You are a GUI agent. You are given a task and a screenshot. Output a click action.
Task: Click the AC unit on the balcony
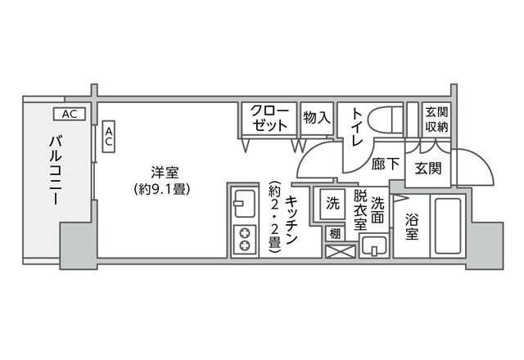coord(70,115)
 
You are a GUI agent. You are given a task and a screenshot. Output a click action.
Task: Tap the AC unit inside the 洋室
coord(109,137)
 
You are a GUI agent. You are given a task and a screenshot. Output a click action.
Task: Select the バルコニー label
coord(56,169)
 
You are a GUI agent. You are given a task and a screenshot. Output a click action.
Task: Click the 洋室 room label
coord(165,173)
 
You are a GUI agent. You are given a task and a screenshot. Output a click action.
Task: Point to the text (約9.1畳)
coord(162,189)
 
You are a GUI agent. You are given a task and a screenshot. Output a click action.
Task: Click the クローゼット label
coord(269,118)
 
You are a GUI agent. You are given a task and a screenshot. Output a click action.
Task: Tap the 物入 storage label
coord(317,118)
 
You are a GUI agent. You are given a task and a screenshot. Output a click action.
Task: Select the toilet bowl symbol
coord(385,122)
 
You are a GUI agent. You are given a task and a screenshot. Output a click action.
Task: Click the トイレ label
coord(357,127)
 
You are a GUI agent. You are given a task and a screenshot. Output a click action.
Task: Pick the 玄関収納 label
coord(436,119)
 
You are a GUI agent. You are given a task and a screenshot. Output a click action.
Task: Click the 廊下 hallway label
coord(386,164)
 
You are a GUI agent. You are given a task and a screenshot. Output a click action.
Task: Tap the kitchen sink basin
coord(244,204)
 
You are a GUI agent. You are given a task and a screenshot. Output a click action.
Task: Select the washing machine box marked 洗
coord(332,204)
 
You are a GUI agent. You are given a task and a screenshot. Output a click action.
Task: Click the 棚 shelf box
coord(335,233)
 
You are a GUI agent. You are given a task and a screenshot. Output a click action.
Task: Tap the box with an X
coord(341,251)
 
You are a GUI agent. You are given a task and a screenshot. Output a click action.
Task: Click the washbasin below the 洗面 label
coord(374,246)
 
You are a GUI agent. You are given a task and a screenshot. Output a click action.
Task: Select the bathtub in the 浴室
coord(449,226)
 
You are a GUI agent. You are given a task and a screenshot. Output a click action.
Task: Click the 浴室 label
coord(412,227)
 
